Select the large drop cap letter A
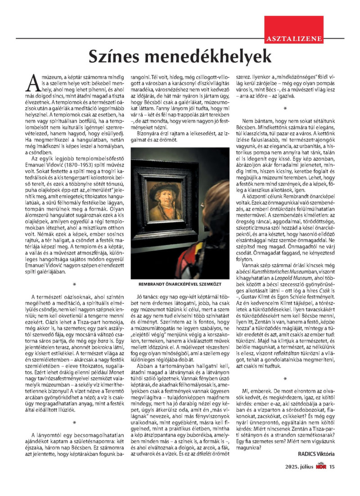(x=33, y=82)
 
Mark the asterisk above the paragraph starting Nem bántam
(x=285, y=108)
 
